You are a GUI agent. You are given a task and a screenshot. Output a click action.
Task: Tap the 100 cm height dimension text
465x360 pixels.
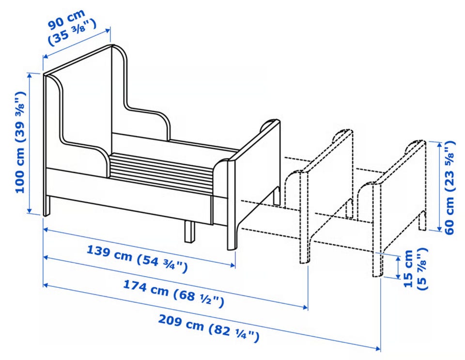[x=20, y=142]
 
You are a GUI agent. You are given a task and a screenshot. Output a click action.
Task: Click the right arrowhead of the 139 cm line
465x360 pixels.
[x=233, y=265]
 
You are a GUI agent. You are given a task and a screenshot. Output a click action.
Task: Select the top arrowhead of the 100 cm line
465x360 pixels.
[x=30, y=75]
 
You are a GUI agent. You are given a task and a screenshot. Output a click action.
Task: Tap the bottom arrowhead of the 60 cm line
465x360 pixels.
[x=439, y=228]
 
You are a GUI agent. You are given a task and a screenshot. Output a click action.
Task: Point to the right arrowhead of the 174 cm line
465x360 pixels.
[x=305, y=307]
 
